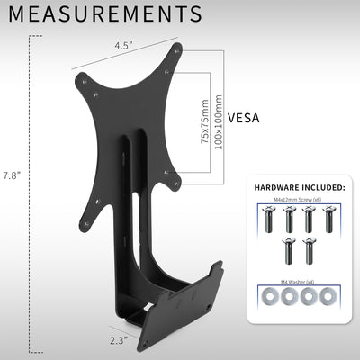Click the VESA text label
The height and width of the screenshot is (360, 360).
246,117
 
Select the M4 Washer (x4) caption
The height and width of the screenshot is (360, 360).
298,282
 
